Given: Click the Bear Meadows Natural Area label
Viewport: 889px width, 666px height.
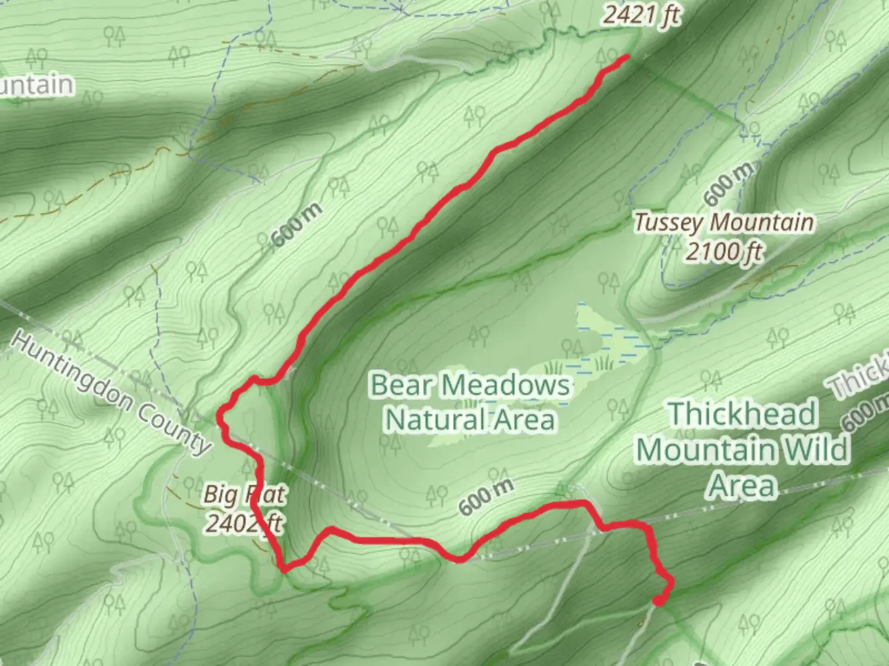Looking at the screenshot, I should (x=469, y=402).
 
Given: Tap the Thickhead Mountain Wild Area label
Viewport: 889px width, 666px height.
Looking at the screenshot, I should (x=742, y=449).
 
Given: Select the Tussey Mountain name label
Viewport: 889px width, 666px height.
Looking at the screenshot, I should (x=724, y=223).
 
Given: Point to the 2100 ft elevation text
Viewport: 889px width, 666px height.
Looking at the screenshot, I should (x=724, y=252).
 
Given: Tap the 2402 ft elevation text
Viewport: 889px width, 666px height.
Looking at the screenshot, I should (x=243, y=523).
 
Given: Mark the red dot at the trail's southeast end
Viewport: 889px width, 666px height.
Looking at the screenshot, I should (x=659, y=600).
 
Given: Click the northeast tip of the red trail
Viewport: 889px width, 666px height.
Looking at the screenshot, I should (x=627, y=57).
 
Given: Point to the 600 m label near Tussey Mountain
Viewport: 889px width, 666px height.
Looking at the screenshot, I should (x=728, y=185).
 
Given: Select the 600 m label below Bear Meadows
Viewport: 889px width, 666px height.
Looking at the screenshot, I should (x=486, y=497).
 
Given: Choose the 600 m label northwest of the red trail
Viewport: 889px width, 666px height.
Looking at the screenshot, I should (x=297, y=224).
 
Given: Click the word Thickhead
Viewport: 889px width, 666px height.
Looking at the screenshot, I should (x=742, y=413).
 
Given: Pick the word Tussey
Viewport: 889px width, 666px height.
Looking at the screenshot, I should (x=670, y=223).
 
